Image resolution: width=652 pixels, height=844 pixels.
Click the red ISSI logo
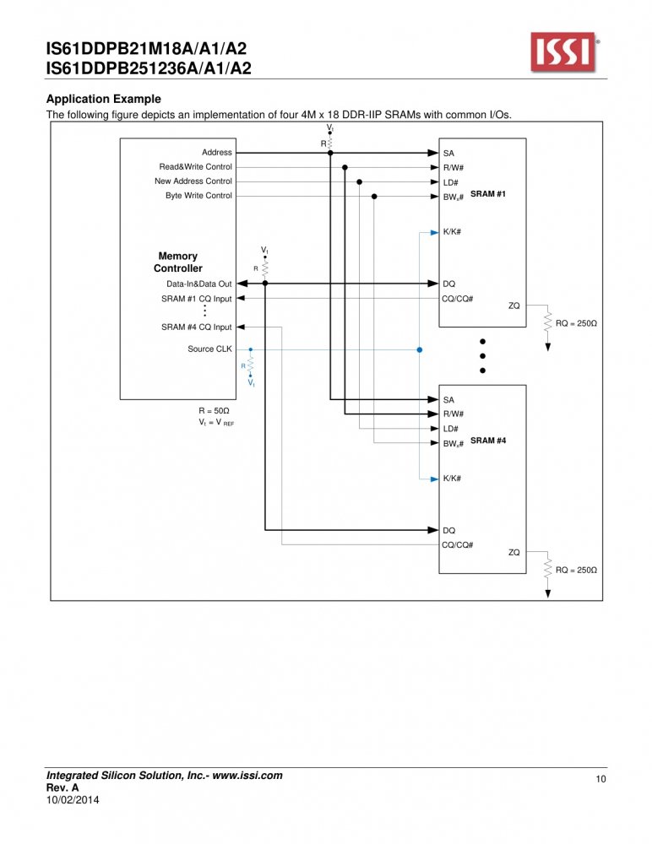[x=563, y=51]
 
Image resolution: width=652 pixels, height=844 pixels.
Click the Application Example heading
[x=103, y=99]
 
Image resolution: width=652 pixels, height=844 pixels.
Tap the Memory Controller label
[x=178, y=262]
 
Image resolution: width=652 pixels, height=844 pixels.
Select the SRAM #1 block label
[x=487, y=194]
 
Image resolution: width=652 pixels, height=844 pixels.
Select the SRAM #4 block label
[x=487, y=441]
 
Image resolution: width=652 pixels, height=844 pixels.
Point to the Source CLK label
[x=209, y=349]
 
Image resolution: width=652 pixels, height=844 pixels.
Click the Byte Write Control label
[x=198, y=196]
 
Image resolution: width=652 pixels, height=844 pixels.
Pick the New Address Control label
[x=193, y=181]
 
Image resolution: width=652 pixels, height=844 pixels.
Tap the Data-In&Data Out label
[x=198, y=284]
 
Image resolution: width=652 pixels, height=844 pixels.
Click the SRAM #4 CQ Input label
[x=197, y=327]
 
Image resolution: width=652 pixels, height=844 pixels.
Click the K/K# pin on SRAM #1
[x=452, y=232]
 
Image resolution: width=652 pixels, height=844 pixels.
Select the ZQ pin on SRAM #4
[x=514, y=552]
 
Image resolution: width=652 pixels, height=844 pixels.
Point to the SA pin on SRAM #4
[x=448, y=400]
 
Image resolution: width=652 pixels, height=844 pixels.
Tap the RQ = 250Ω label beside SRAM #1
[x=576, y=323]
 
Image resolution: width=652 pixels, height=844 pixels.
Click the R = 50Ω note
[x=214, y=411]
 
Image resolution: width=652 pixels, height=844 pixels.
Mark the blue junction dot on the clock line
[x=420, y=350]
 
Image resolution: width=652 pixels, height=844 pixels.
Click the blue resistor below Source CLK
[x=250, y=365]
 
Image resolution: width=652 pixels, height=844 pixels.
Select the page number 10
[x=600, y=779]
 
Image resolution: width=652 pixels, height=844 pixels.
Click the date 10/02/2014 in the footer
[x=73, y=800]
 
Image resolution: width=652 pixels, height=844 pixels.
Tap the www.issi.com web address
[x=247, y=776]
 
